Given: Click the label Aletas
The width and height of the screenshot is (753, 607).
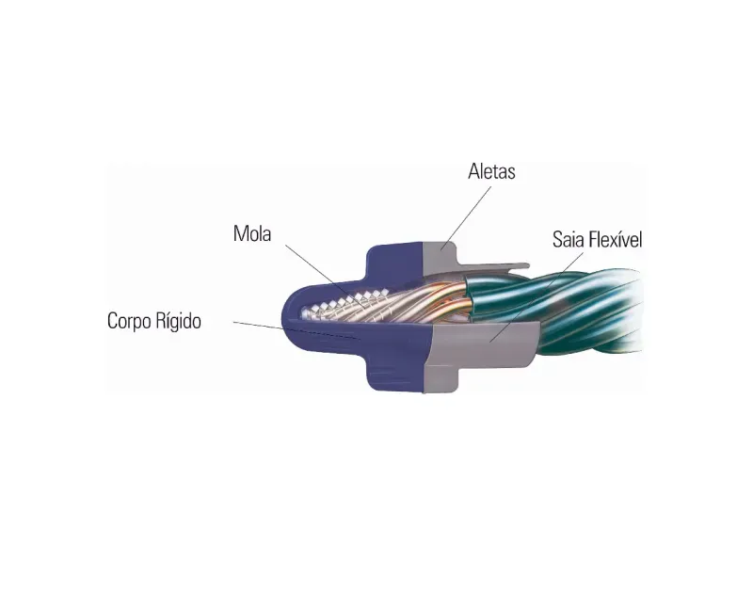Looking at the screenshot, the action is pyautogui.click(x=491, y=171).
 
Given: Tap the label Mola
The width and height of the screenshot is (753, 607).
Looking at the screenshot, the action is pyautogui.click(x=252, y=234).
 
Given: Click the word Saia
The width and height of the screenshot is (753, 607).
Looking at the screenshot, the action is pyautogui.click(x=568, y=239).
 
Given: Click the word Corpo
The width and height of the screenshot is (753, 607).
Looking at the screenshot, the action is pyautogui.click(x=129, y=321).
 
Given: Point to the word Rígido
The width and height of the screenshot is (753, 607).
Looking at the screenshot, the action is pyautogui.click(x=178, y=321).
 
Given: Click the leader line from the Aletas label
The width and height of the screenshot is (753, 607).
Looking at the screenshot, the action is pyautogui.click(x=467, y=217).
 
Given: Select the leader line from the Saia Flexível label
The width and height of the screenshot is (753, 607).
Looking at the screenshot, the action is pyautogui.click(x=537, y=296).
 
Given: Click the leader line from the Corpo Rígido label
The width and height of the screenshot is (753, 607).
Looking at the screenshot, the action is pyautogui.click(x=258, y=326).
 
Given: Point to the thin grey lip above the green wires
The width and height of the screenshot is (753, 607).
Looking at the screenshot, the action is pyautogui.click(x=495, y=265).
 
